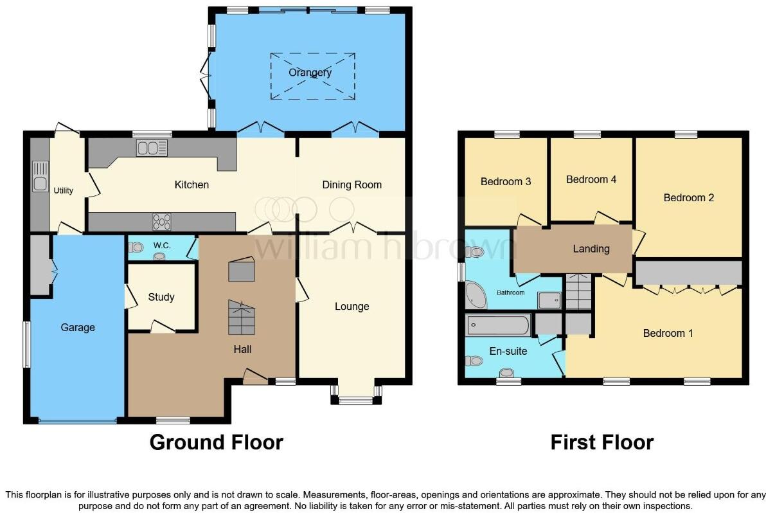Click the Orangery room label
[310, 72]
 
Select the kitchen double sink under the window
[152, 148]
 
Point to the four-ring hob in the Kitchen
[162, 222]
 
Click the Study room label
[161, 297]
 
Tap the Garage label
[78, 327]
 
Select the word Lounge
[352, 306]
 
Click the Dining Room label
[352, 184]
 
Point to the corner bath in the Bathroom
[477, 295]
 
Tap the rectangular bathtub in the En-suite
[499, 325]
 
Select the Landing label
[591, 249]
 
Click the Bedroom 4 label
[591, 179]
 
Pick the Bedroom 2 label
[689, 197]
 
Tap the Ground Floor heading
[216, 442]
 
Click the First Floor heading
[601, 442]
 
